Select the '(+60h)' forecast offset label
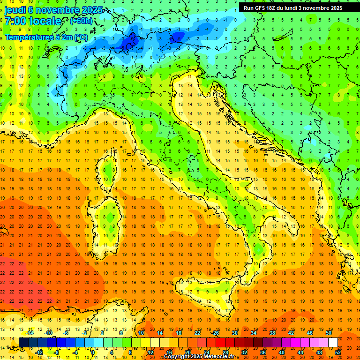click(81, 21)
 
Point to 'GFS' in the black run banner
click(261, 8)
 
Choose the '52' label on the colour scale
click(338, 352)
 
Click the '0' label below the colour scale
click(93, 352)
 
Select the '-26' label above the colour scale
click(215, 333)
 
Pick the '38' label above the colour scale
click(272, 333)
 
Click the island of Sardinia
click(109, 220)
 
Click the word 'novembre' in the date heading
click(57, 10)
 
